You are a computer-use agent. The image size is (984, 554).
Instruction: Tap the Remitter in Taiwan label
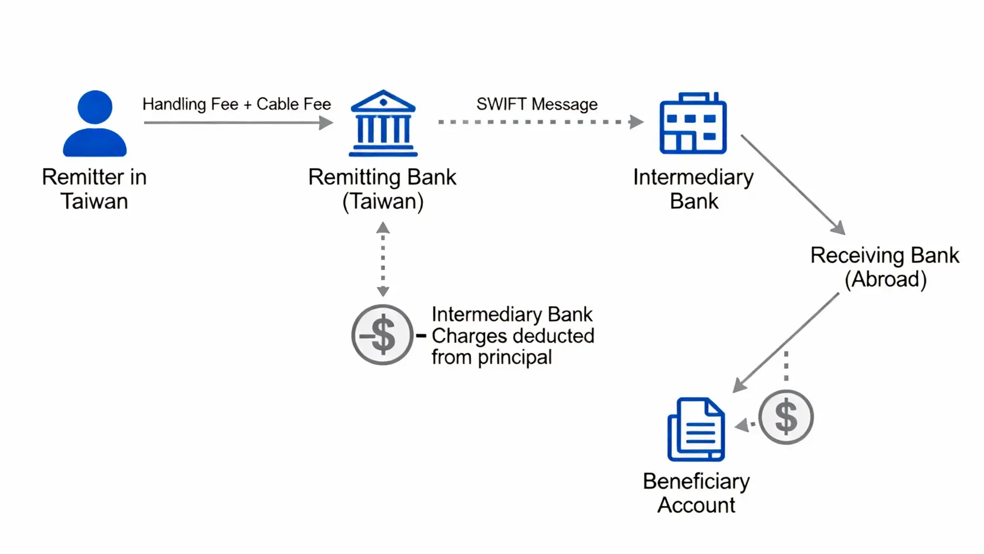coord(95,189)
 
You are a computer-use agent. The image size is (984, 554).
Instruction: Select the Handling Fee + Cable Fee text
coord(236,104)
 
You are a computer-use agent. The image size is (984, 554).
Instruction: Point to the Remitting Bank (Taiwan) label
coord(382,189)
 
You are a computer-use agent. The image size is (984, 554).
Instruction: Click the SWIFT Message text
coord(537,104)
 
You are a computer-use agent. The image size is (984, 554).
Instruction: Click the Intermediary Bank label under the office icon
coord(693,189)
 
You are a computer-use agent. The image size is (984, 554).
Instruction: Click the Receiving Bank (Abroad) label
coord(884,267)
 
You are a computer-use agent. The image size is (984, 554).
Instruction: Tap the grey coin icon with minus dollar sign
coord(382,335)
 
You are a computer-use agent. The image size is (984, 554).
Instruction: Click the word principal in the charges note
coord(514,358)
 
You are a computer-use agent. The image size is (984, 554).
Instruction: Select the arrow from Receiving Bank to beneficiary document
coord(786,342)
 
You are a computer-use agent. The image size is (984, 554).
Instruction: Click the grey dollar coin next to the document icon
coord(786,417)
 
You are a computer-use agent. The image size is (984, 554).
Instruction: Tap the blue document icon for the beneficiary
coord(696,429)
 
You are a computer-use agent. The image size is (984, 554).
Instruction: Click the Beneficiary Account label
coord(696,493)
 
